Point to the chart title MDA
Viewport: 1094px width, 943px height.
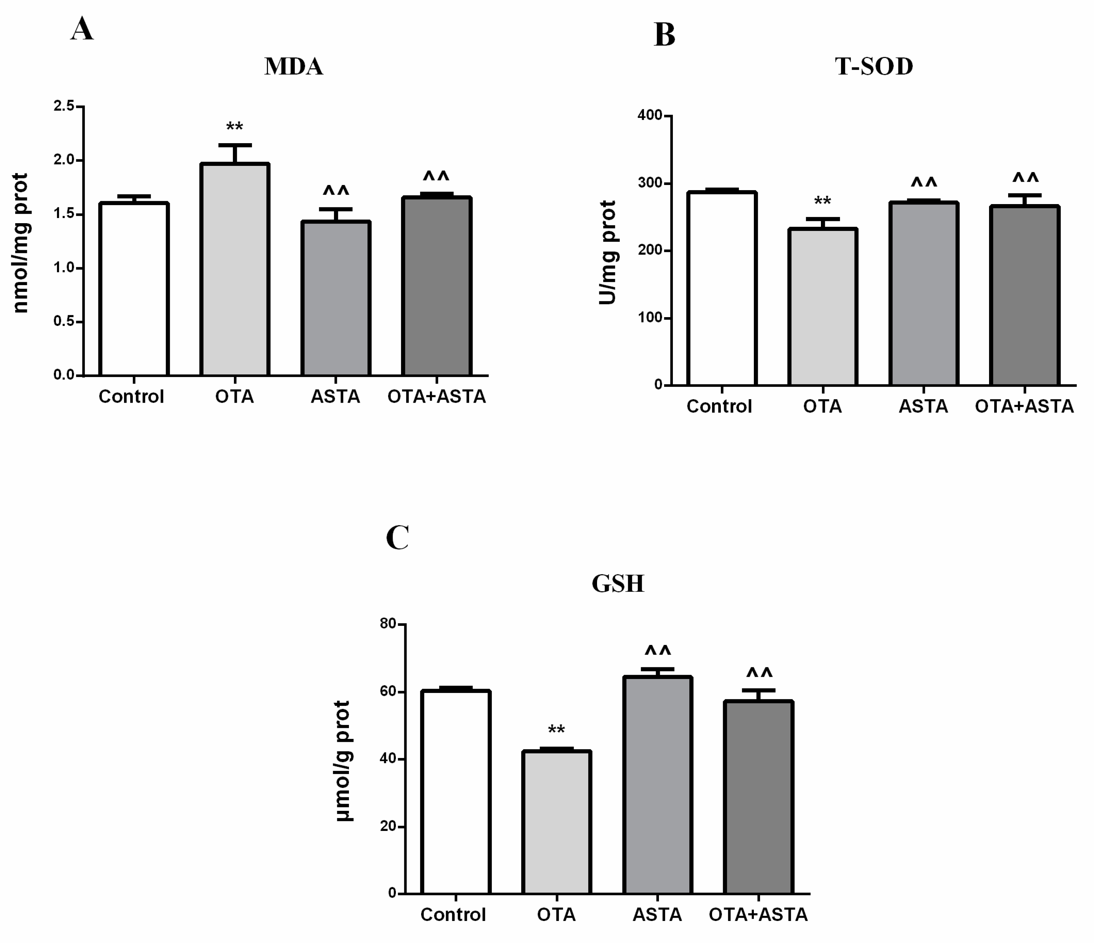[x=294, y=66]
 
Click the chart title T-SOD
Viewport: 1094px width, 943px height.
[x=874, y=66]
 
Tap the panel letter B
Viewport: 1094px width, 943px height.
[x=664, y=35]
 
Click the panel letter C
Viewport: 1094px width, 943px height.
[x=397, y=538]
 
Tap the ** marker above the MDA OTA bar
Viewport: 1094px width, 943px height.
[x=235, y=127]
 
